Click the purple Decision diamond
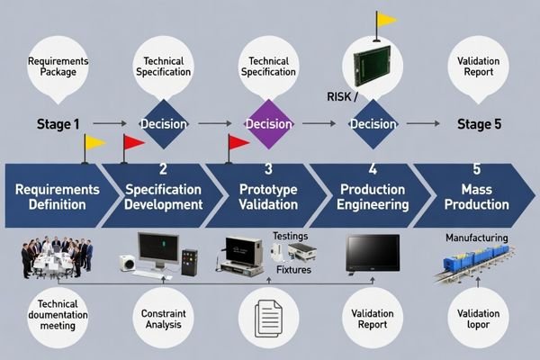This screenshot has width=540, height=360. [x=268, y=123]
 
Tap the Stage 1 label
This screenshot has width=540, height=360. [x=58, y=124]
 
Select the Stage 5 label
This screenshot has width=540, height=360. [x=479, y=124]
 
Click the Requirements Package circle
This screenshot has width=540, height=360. [x=58, y=70]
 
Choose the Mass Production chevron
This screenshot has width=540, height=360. [x=477, y=196]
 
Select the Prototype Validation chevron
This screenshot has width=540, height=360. [x=268, y=196]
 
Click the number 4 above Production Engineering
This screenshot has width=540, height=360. [x=373, y=168]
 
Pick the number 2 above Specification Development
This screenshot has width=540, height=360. [x=163, y=168]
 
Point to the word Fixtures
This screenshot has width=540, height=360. [x=293, y=269]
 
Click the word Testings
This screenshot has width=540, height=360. [x=290, y=236]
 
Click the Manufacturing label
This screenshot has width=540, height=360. [x=477, y=238]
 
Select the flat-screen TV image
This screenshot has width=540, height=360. [x=373, y=254]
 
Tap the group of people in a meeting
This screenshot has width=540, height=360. [x=56, y=256]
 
